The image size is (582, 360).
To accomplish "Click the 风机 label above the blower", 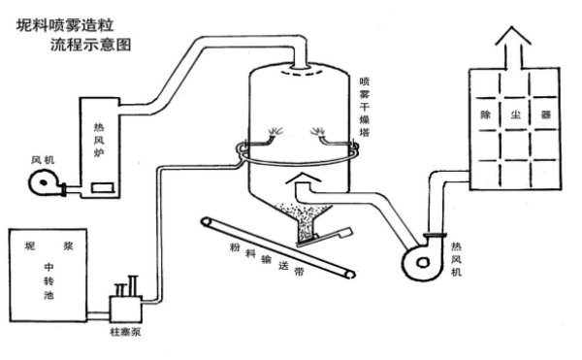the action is coord(43,160).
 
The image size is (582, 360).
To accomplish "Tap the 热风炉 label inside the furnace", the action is coord(99,140).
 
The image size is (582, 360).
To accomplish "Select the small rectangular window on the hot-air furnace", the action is coord(103,188).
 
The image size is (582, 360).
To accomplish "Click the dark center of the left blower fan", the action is coord(44,182).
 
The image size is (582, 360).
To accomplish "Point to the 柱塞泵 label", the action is coord(125,332).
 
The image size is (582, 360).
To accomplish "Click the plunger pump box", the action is coord(125,309).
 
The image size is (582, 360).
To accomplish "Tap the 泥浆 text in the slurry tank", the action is coord(48,245).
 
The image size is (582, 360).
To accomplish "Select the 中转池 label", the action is coord(49,281).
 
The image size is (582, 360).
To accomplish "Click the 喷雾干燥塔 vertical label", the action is coord(365,107).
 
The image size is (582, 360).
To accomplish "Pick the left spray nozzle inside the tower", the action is coord(275,133).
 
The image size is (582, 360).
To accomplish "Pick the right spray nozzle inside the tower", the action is coord(318,133).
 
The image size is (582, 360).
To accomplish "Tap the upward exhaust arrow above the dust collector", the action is coord(513,48).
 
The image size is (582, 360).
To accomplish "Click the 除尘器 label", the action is coord(516,115).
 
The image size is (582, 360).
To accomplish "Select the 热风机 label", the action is coord(456,259).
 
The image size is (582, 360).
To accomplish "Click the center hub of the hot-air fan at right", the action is coord(422,263).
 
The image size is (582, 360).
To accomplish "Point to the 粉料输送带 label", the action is coord(267,259).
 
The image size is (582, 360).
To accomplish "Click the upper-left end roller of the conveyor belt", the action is coord(206,221).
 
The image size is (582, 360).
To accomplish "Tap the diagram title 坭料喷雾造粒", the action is coord(65,25).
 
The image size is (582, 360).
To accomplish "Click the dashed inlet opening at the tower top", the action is coord(301,74).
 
